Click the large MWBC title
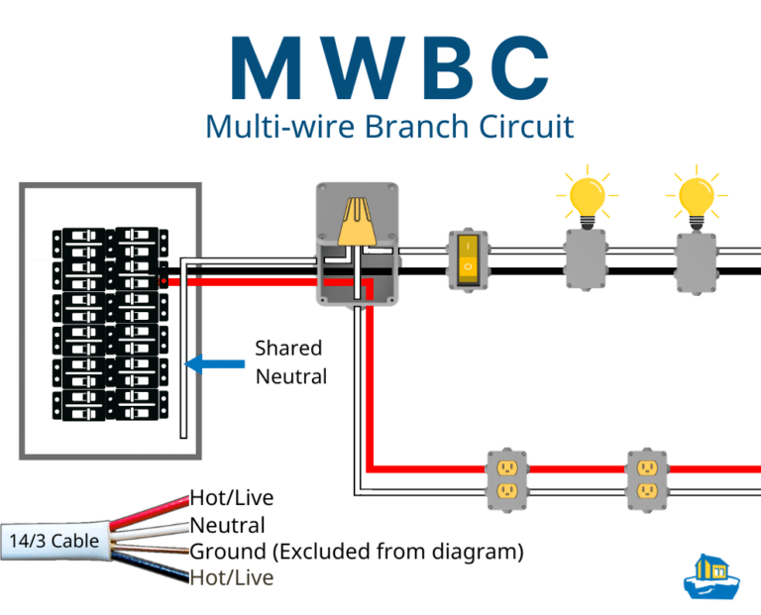(x=380, y=66)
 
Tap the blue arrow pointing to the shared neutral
(x=214, y=363)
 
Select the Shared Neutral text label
(x=288, y=361)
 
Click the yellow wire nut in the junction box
(x=357, y=222)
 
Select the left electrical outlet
(x=506, y=480)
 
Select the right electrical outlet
(x=647, y=480)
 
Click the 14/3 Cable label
(x=54, y=541)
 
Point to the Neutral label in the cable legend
(x=227, y=525)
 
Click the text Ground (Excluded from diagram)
(x=356, y=551)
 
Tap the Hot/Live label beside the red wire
(x=231, y=498)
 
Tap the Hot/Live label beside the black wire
(x=231, y=576)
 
